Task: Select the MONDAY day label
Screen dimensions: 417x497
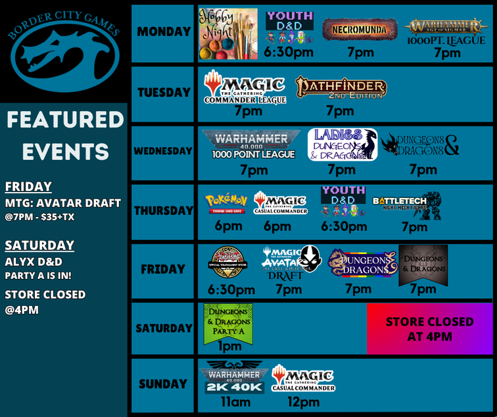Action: (164, 32)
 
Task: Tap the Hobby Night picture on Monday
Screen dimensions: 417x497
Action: (227, 34)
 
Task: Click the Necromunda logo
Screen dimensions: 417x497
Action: (360, 30)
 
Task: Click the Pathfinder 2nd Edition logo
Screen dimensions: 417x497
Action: (341, 88)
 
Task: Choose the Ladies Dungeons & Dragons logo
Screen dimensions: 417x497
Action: (342, 145)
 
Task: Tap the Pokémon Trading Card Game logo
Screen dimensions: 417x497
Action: (226, 202)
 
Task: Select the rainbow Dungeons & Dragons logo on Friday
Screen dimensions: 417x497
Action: (362, 263)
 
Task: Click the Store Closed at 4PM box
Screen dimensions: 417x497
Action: (429, 329)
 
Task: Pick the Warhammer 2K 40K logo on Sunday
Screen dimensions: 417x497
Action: (235, 378)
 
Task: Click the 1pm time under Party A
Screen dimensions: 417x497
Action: (230, 346)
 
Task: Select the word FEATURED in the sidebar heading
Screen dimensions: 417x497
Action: (65, 120)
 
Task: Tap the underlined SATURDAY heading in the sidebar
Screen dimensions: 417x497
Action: (39, 245)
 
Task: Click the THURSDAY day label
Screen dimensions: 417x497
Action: (164, 211)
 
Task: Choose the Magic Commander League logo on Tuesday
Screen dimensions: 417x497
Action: (246, 88)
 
